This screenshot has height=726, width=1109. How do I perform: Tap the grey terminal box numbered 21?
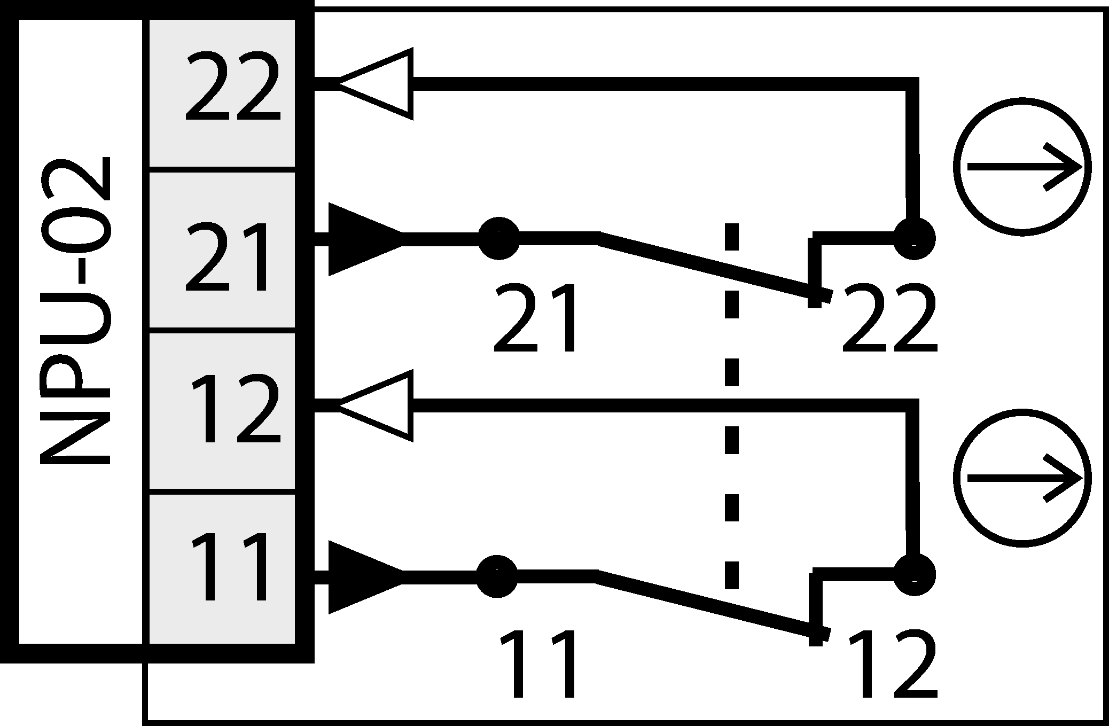point(222,250)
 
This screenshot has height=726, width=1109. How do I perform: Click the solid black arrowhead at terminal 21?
point(363,239)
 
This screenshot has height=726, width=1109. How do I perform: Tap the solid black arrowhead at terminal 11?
point(363,577)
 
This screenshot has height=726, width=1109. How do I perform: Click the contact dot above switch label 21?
point(498,238)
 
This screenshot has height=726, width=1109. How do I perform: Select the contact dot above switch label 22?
point(914,238)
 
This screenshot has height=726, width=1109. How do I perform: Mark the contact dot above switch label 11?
point(497,576)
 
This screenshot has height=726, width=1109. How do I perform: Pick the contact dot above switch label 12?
point(915,575)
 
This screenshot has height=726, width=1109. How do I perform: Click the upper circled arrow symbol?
point(1022,167)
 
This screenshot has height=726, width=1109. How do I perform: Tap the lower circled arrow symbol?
point(1022,478)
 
